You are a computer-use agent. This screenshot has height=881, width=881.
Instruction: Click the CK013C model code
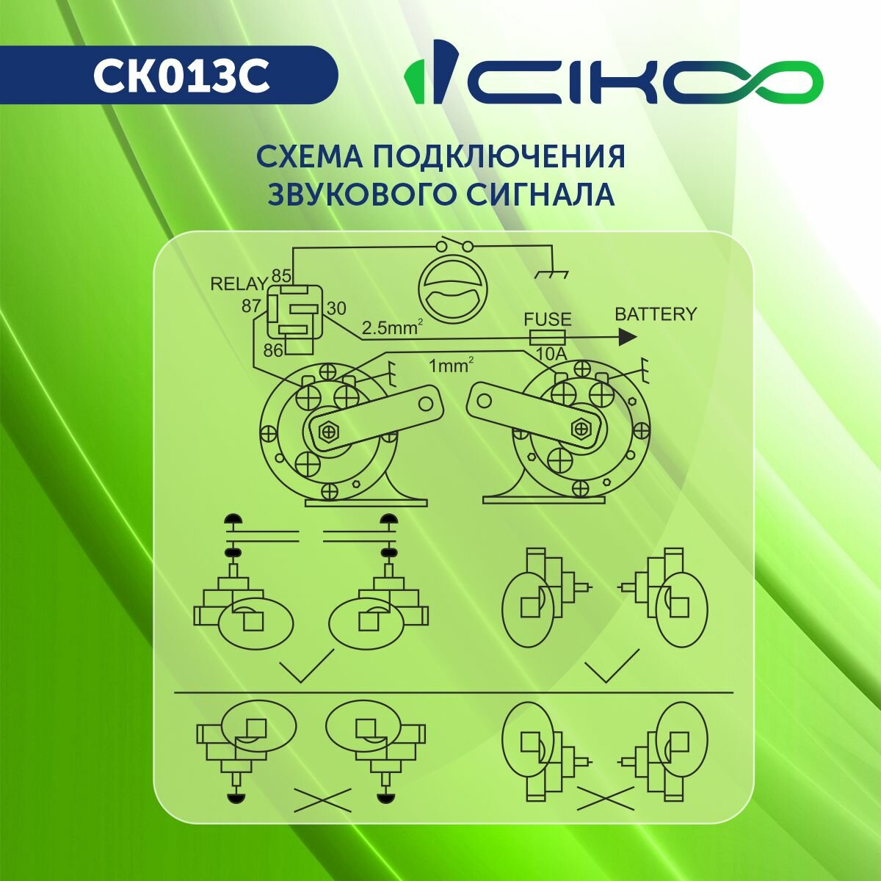[181, 76]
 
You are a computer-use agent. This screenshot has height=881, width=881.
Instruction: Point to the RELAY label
[238, 284]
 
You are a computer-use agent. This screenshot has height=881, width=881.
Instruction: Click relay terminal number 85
[281, 276]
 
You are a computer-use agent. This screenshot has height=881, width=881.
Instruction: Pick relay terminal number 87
[251, 306]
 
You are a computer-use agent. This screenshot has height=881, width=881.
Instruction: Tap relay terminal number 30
[336, 308]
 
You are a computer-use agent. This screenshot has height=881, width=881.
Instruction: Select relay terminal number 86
[273, 350]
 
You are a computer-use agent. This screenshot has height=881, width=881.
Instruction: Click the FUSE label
[547, 319]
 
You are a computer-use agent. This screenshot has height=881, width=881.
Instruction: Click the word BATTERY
[656, 314]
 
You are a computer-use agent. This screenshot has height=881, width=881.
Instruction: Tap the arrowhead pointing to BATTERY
[628, 338]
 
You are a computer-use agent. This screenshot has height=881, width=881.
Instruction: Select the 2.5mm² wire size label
[392, 327]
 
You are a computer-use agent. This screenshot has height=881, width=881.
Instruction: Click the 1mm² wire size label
[451, 365]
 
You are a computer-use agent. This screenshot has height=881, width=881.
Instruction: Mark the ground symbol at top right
[552, 273]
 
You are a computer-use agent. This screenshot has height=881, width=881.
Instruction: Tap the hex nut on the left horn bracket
[329, 430]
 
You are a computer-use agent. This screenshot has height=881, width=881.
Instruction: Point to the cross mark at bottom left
[322, 800]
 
